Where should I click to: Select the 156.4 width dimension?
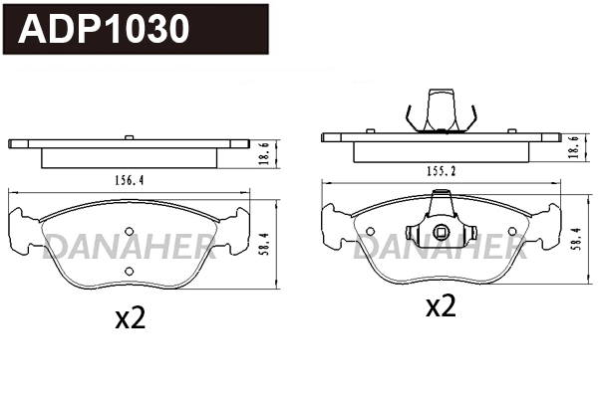tap(126, 180)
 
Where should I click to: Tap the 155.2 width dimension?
tap(440, 171)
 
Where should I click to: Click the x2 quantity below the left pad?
tap(131, 318)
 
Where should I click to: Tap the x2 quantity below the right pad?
tap(440, 306)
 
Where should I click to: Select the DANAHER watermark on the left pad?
tap(127, 245)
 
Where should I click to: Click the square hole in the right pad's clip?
tap(440, 236)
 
